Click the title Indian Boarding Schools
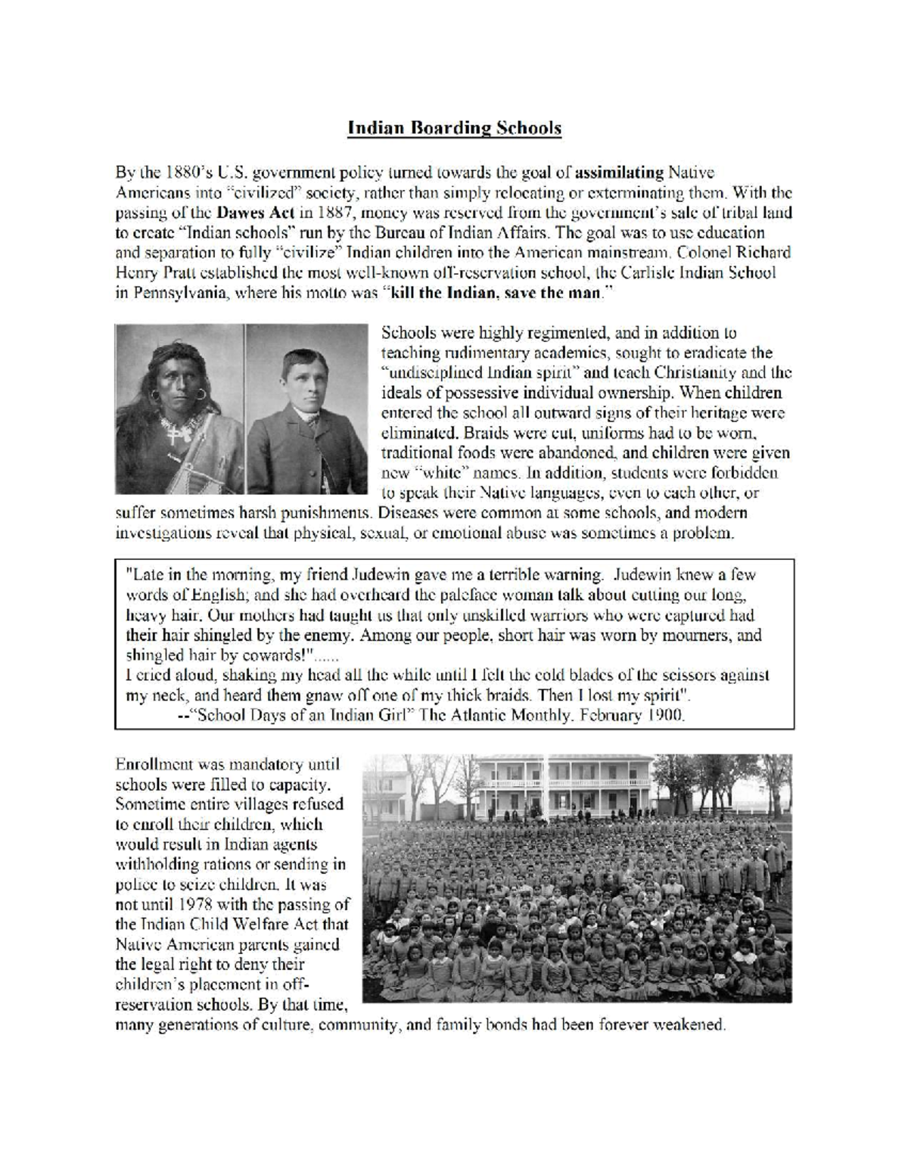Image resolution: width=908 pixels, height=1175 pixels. point(454,128)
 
